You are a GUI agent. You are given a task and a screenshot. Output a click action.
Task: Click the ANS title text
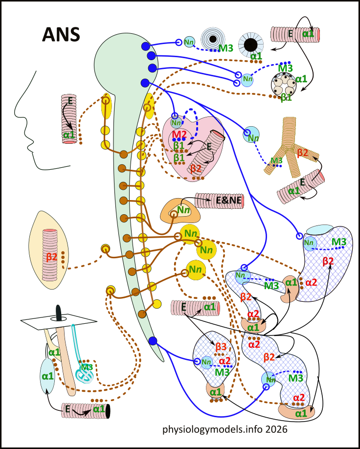(x=61, y=35)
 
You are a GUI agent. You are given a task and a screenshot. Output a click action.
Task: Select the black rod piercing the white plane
(x=60, y=313)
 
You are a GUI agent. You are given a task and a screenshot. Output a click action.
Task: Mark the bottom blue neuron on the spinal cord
(x=152, y=340)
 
